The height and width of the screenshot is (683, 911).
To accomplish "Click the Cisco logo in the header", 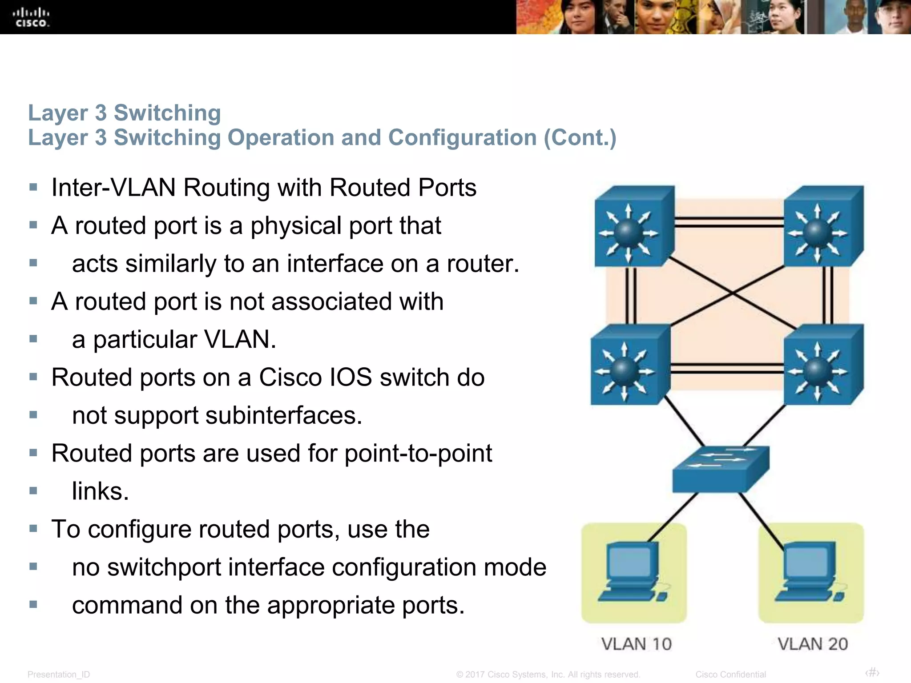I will [31, 17].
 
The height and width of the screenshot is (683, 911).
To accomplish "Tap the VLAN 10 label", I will [636, 644].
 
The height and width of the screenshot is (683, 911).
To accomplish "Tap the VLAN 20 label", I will [813, 644].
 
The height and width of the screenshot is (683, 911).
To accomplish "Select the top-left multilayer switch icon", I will [634, 227].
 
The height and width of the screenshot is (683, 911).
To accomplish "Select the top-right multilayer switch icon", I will [823, 227].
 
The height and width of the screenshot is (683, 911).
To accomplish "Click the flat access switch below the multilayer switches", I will [721, 469].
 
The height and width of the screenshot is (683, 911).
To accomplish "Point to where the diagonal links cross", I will [732, 293].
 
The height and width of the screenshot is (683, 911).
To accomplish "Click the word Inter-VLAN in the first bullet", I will [113, 188].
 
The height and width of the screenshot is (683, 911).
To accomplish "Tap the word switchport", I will [164, 568].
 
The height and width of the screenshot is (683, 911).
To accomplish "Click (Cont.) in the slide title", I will [580, 137].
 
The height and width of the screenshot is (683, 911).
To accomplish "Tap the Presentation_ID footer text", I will [59, 675].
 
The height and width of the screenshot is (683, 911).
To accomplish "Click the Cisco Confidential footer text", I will [730, 675].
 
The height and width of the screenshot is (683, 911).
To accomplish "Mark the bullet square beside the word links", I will [33, 491].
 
